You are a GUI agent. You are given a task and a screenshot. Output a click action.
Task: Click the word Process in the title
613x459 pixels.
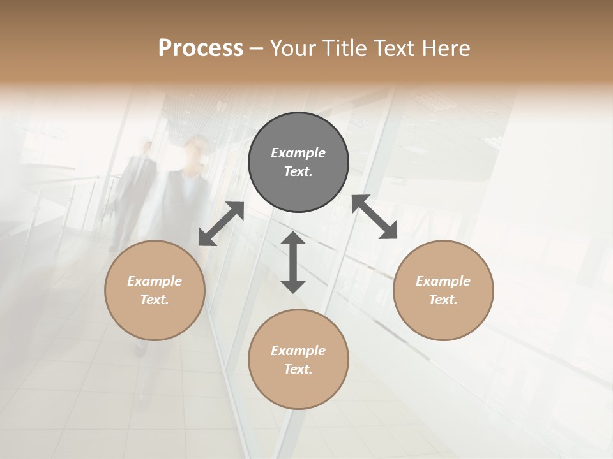coord(201,48)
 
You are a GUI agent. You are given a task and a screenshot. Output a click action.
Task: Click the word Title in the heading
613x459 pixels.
coord(344,48)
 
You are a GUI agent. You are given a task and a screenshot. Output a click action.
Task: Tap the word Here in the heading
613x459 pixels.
coord(444,48)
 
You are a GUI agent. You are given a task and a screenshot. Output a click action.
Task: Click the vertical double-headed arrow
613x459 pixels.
coord(293,262)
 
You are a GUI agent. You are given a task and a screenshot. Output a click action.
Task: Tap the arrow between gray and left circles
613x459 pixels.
coord(221,223)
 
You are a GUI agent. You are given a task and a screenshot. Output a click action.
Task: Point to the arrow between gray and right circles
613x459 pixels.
coord(375,217)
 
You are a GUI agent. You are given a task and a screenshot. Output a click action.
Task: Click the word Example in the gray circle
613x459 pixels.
coord(298,153)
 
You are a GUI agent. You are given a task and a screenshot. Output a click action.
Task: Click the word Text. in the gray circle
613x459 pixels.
coord(298,171)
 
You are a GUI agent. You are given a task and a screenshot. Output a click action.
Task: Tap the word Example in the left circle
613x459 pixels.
coord(155,281)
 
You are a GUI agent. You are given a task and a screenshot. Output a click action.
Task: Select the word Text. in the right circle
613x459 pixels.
coord(443,300)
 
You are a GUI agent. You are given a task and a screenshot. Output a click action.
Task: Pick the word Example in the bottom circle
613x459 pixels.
coord(298,351)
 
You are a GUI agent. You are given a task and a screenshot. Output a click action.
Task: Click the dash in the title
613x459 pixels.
coord(257,48)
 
